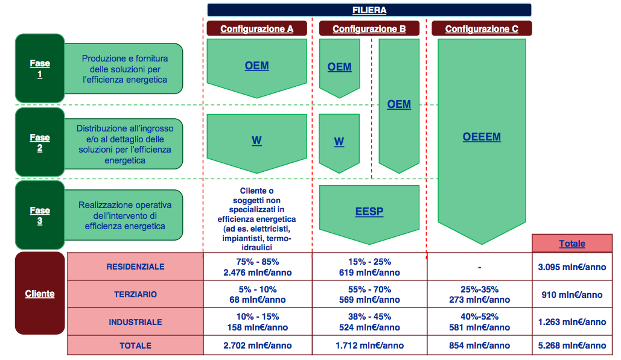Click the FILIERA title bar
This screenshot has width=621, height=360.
369,10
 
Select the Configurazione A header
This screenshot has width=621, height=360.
256,28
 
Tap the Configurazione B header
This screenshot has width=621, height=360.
369,28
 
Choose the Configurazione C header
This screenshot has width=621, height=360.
481,28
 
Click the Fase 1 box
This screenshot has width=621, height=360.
40,68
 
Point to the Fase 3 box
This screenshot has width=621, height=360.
40,215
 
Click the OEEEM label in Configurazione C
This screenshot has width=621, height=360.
482,137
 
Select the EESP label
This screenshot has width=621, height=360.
369,212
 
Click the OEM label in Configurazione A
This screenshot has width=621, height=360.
256,66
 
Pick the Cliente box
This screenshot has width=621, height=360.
40,294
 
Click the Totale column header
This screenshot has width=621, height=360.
572,244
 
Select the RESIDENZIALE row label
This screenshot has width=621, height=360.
135,267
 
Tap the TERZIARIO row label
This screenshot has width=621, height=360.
135,294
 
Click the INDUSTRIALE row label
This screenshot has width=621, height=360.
135,322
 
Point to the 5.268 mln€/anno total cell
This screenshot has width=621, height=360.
572,346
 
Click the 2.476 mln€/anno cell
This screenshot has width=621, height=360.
257,273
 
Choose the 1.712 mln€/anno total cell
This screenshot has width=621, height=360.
369,346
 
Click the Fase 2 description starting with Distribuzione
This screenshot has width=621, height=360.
124,145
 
